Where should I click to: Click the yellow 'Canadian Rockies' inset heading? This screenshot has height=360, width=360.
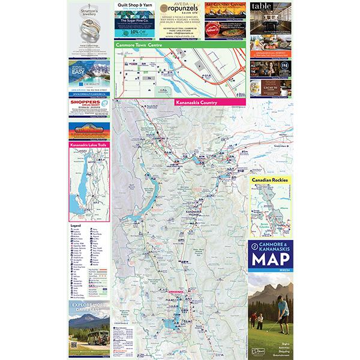[x=271, y=179]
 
